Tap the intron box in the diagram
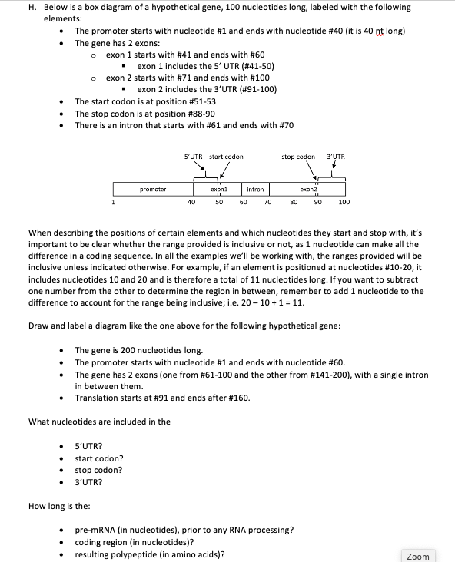(x=255, y=188)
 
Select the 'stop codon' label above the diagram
(x=298, y=157)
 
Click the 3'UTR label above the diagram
(x=336, y=157)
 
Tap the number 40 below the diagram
(x=191, y=203)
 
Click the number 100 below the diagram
(x=344, y=203)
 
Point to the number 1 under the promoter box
(x=115, y=203)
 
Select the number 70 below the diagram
(x=267, y=203)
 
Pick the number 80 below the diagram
(x=293, y=203)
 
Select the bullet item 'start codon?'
(x=99, y=458)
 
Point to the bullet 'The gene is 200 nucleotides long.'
(x=138, y=350)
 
